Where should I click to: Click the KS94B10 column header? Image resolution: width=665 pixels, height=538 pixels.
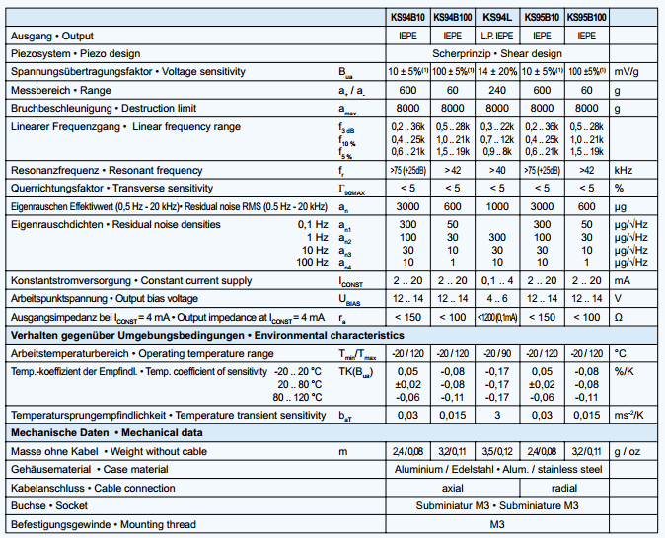404,17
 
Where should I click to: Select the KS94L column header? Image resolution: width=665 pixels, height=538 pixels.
496,17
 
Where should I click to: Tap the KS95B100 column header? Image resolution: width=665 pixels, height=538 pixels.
588,17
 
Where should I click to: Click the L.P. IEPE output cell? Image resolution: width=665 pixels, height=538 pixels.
496,36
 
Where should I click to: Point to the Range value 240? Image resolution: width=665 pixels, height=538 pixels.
496,90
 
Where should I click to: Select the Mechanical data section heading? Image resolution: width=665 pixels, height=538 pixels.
106,432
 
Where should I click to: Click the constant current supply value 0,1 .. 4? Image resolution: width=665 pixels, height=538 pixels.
496,280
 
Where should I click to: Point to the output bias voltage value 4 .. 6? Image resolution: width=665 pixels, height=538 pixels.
496,298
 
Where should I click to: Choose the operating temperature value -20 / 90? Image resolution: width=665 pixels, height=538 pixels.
496,352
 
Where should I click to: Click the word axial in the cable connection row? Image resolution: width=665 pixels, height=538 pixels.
451,488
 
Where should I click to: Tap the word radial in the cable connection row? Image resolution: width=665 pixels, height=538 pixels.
565,488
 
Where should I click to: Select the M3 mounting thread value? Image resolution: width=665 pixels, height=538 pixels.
496,524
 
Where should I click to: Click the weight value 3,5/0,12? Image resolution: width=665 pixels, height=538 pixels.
496,451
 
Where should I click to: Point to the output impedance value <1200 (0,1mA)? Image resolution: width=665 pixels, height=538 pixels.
496,317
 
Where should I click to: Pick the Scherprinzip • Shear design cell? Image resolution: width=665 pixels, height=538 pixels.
496,53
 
